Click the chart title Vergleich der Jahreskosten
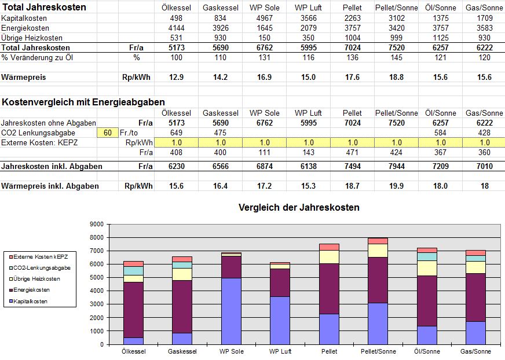[x=299, y=208]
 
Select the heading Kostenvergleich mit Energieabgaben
[x=83, y=102]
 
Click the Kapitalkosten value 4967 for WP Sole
[x=265, y=18]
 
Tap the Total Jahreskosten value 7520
[x=396, y=47]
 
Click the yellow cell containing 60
[x=107, y=133]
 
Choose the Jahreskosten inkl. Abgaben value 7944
[x=396, y=166]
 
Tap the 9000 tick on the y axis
[x=96, y=225]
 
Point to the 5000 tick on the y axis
[x=96, y=278]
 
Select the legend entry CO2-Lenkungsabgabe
[x=43, y=268]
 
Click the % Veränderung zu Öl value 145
[x=396, y=57]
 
